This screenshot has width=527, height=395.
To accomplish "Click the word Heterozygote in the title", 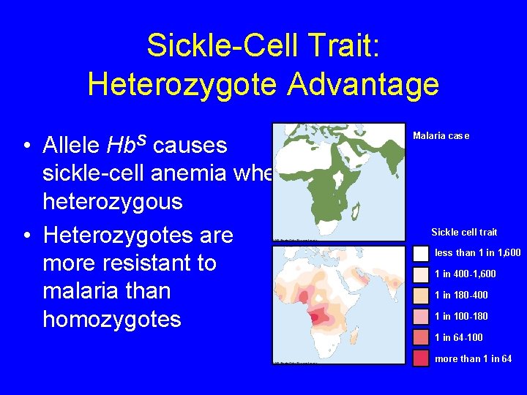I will tap(182, 84).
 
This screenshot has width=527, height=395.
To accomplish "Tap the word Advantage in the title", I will tap(363, 84).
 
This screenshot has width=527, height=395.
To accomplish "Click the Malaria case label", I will tap(441, 135).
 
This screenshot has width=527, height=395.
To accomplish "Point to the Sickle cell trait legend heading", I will tap(464, 232).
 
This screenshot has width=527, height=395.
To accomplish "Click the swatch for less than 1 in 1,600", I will tap(421, 253).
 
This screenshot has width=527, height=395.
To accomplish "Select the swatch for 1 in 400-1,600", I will tap(421, 274).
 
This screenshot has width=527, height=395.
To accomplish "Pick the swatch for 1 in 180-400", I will tap(421, 296).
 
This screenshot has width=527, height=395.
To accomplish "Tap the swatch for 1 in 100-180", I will tap(421, 317).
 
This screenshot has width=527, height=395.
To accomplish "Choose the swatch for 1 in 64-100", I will tap(421, 337).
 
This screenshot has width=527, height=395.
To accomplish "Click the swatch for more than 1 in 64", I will tap(421, 358).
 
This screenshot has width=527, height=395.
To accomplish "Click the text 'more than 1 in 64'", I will tap(473, 358).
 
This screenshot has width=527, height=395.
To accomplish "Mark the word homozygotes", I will tap(111, 319).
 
